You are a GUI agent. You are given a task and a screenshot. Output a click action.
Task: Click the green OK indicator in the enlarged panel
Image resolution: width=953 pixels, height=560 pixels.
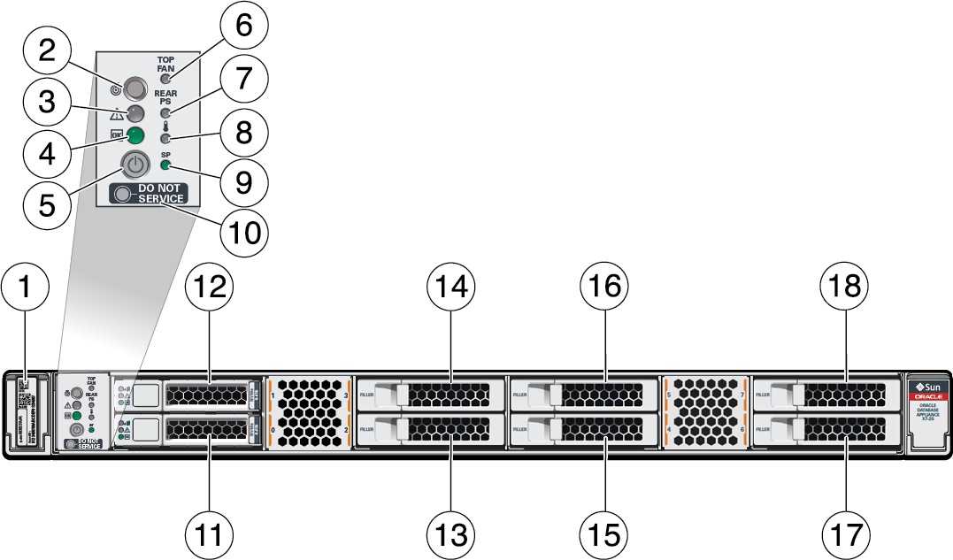[x=135, y=135]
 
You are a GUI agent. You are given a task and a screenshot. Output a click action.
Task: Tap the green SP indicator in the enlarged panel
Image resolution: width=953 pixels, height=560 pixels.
[x=165, y=165]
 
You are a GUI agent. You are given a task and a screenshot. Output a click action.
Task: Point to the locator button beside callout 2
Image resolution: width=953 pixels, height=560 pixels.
[x=135, y=88]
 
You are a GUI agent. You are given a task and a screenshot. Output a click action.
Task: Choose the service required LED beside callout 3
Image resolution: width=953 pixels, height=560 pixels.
[x=135, y=112]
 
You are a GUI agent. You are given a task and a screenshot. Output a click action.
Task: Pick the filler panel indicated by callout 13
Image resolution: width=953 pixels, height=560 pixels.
[x=430, y=431]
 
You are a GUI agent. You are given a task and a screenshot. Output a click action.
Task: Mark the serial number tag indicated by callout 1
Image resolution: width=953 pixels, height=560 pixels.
[x=26, y=411]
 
